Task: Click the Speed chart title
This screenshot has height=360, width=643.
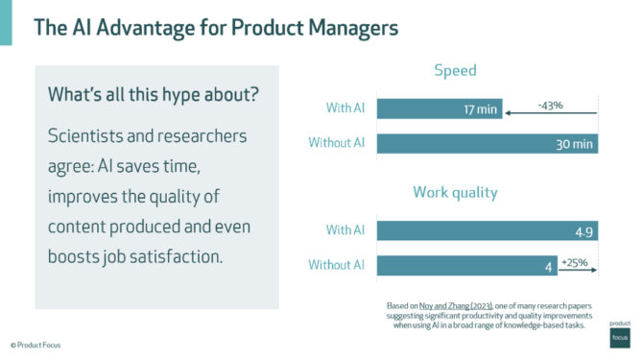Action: [455, 70]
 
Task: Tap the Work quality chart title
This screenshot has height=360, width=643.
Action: [455, 192]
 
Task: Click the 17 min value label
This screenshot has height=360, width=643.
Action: [480, 109]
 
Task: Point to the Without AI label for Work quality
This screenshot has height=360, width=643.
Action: [337, 264]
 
